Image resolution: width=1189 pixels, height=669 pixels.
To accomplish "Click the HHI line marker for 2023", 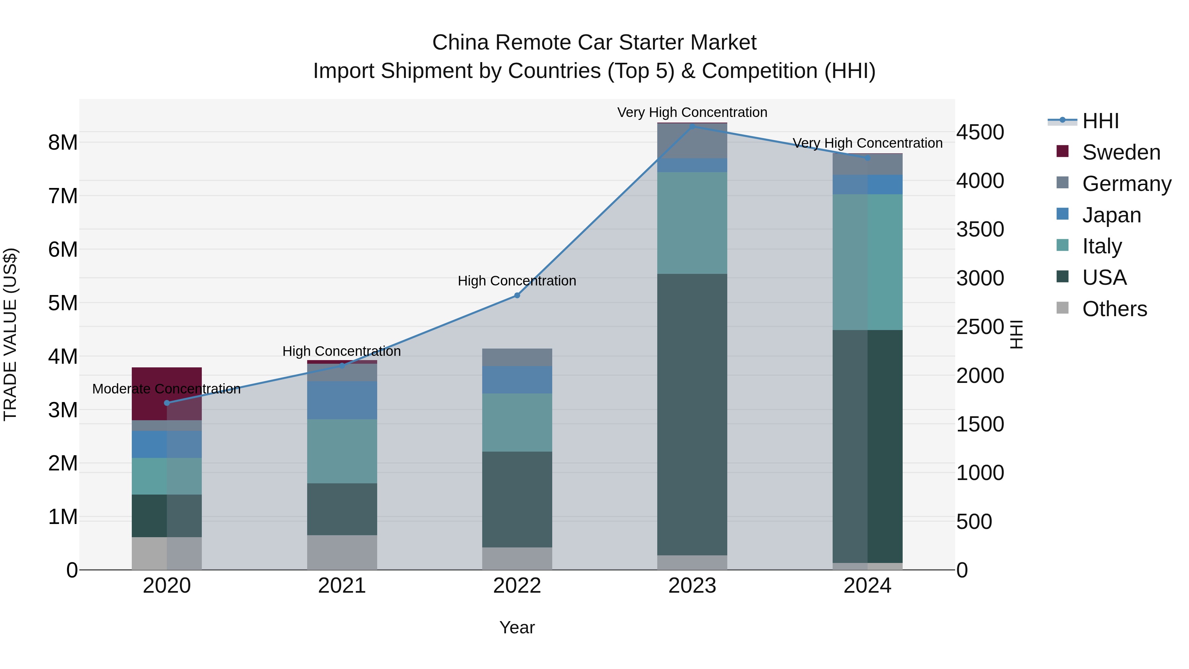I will (x=692, y=126).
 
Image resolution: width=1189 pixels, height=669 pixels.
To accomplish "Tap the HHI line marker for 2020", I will (x=167, y=403).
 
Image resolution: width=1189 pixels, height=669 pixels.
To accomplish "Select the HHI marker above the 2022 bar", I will (x=517, y=295).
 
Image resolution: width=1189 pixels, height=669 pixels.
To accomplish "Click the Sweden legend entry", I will (x=1121, y=152).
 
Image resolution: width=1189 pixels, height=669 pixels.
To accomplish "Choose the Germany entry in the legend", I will (x=1126, y=184).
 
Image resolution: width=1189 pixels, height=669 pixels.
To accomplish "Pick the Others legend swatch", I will (x=1062, y=308).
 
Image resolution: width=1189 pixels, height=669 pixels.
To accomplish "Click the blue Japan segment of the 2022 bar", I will (x=517, y=380).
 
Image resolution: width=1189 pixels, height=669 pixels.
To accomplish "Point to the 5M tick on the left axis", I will (x=63, y=303).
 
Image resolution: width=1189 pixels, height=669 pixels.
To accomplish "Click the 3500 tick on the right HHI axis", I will (x=980, y=230).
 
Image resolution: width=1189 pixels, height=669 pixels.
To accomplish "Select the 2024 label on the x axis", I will (x=867, y=586).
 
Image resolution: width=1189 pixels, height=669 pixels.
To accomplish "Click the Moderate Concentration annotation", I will (x=167, y=389).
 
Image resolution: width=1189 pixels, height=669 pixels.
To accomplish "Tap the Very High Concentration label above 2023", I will (x=692, y=112).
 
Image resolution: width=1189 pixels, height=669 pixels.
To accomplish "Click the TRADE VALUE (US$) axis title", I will (x=10, y=334).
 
